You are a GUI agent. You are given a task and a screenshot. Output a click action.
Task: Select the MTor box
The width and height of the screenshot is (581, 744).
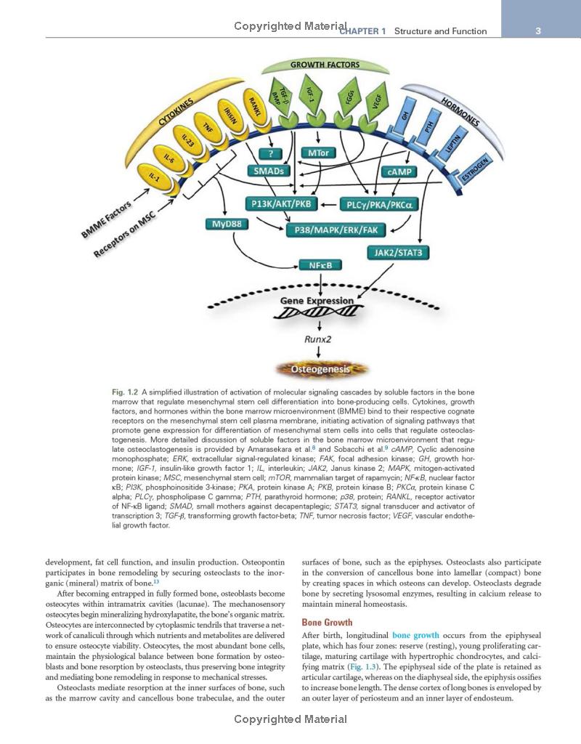click(x=317, y=153)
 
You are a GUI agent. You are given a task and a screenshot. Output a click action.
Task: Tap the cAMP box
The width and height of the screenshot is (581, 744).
click(x=399, y=171)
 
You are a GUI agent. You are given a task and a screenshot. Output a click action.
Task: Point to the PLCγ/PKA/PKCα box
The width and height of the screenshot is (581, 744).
click(x=378, y=205)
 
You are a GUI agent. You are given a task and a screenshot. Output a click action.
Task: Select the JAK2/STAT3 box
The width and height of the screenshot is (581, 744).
click(x=398, y=253)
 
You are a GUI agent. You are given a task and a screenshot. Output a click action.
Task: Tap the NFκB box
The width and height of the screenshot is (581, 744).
click(x=320, y=265)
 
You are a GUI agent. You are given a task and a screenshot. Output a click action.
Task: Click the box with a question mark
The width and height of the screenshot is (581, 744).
click(x=270, y=153)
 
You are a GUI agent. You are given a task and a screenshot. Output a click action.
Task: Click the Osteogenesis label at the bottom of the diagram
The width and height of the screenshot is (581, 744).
click(x=320, y=369)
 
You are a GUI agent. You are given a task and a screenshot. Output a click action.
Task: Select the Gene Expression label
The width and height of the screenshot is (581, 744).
click(x=317, y=300)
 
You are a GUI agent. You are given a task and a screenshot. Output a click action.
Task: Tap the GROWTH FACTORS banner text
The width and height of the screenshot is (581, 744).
click(x=325, y=65)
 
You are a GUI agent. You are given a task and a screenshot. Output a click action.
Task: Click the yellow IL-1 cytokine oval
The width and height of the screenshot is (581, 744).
click(x=154, y=177)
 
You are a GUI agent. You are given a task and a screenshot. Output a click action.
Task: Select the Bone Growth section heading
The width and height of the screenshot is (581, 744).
click(x=327, y=623)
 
